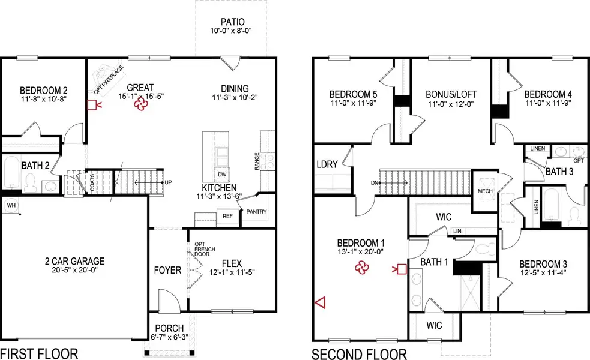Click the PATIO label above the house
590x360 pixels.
(x=233, y=21)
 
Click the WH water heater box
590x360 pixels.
(x=10, y=205)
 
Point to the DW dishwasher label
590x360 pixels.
(x=222, y=175)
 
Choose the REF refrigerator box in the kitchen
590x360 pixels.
(x=227, y=216)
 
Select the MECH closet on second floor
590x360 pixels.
(x=484, y=191)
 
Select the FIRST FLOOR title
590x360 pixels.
(x=39, y=353)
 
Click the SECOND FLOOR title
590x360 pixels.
(x=359, y=353)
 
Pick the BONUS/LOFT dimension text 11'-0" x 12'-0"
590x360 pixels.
(x=451, y=104)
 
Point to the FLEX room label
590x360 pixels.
(x=231, y=263)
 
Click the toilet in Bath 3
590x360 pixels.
(x=574, y=215)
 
